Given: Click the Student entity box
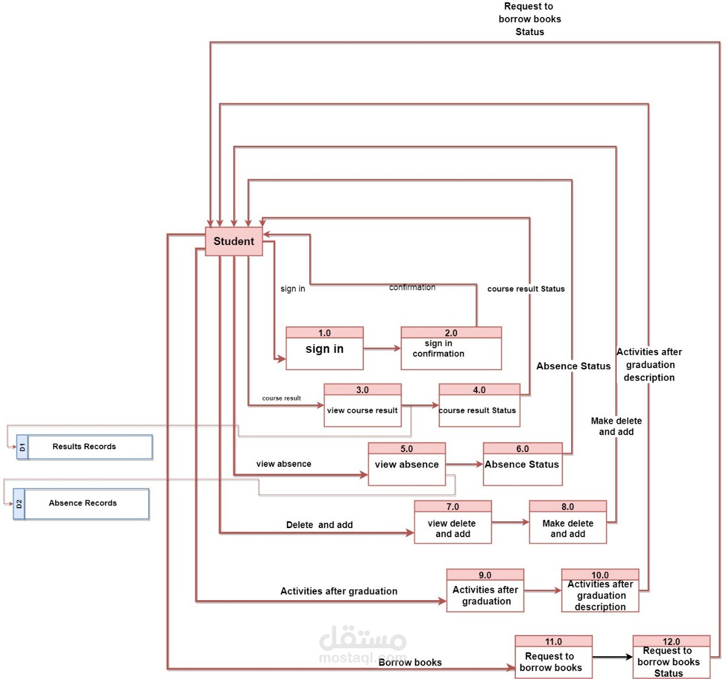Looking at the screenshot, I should pyautogui.click(x=234, y=241).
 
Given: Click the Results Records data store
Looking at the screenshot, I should pyautogui.click(x=90, y=447).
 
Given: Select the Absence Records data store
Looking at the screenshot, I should pyautogui.click(x=86, y=504).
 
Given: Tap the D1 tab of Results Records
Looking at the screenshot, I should pyautogui.click(x=22, y=447).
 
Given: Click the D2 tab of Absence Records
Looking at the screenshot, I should pyautogui.click(x=19, y=504).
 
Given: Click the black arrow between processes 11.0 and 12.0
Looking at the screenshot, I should pyautogui.click(x=613, y=657).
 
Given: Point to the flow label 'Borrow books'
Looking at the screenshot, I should pyautogui.click(x=410, y=663).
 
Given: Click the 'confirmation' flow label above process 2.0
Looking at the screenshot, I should pyautogui.click(x=412, y=288).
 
